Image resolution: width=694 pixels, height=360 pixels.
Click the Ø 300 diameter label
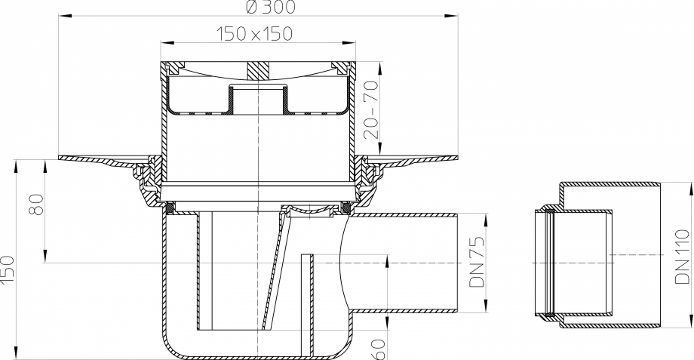[259, 7]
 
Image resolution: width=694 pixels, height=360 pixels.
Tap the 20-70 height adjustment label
[371, 109]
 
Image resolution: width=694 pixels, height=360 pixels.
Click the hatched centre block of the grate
[257, 71]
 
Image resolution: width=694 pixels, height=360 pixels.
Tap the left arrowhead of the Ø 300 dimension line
[61, 14]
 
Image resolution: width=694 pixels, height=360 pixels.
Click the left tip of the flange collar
[60, 159]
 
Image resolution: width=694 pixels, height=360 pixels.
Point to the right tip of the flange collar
[457, 159]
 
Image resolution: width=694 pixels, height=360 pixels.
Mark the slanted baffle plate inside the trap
[275, 272]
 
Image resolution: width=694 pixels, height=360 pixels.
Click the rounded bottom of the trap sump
[256, 354]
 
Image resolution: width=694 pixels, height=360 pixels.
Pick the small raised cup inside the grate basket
[257, 97]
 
